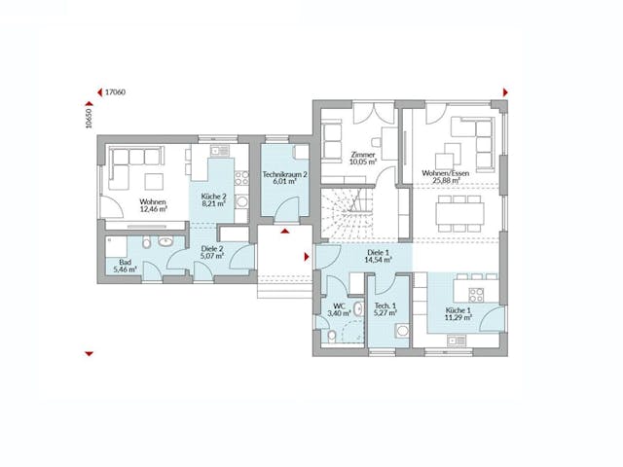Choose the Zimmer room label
pyautogui.click(x=362, y=159)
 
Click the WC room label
pyautogui.click(x=339, y=310)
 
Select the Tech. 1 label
pyautogui.click(x=387, y=309)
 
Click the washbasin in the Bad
pyautogui.click(x=165, y=240)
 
